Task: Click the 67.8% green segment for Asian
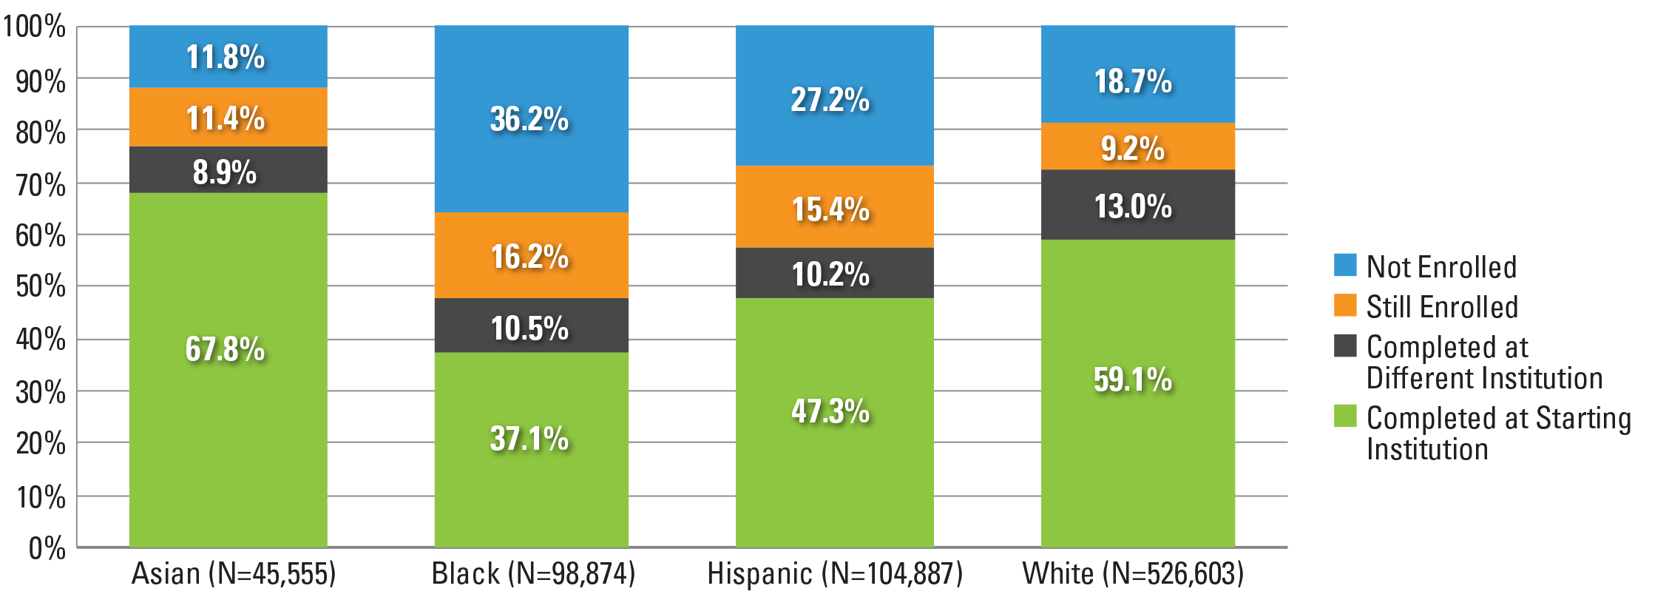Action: coord(228,370)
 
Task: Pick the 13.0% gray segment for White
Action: coord(1138,205)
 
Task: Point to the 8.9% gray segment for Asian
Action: coord(228,170)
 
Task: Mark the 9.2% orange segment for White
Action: coord(1138,146)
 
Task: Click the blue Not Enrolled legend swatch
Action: coord(1345,265)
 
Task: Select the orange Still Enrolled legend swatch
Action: coord(1345,305)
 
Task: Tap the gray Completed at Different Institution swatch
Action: coord(1345,345)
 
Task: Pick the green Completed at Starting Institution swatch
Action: coord(1345,416)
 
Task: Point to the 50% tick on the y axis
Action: coord(41,286)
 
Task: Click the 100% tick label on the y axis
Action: coord(33,27)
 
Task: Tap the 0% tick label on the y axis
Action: coord(47,548)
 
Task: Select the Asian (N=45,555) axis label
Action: coord(234,573)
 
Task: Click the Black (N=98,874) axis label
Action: coord(533,573)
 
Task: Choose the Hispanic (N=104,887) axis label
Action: coord(835,573)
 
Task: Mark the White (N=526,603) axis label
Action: coord(1133,573)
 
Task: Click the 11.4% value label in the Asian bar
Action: coord(225,118)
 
